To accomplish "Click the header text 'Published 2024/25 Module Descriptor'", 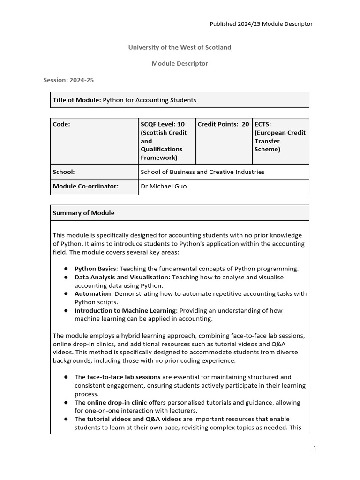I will (261, 24).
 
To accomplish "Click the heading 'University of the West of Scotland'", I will (180, 47).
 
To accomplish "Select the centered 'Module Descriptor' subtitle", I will (180, 63).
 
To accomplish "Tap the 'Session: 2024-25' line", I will (68, 80).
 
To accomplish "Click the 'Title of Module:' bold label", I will (77, 100).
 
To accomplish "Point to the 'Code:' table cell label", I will (61, 124).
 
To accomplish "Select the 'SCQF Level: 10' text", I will (163, 124).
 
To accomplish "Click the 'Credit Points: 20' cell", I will (223, 124).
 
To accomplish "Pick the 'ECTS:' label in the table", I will (263, 124).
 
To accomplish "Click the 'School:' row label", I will (64, 172).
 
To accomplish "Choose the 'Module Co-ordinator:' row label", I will (86, 186).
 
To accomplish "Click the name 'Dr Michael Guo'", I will (164, 186).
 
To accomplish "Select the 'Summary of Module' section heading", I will (83, 213).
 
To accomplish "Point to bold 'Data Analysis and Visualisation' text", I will (121, 277).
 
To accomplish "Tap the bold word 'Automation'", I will (93, 293).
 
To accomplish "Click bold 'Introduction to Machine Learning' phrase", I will (125, 310).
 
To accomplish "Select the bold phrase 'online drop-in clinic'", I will (117, 402).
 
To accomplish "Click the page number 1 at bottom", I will (315, 448).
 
